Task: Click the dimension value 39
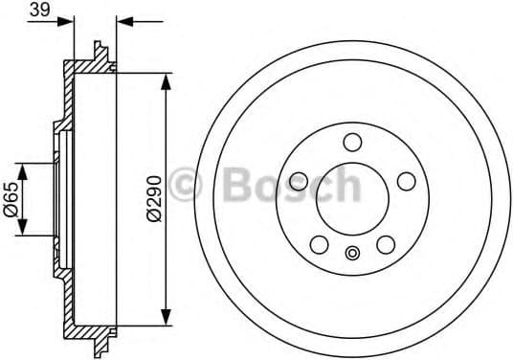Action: pos(39,10)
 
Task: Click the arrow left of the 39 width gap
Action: pos(64,20)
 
